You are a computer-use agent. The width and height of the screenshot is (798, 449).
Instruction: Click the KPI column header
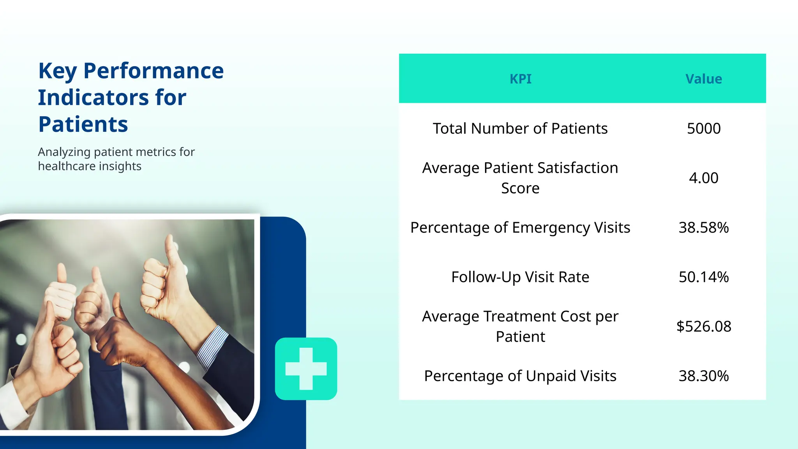pyautogui.click(x=520, y=79)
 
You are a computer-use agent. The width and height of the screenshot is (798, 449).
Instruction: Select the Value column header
pyautogui.click(x=703, y=79)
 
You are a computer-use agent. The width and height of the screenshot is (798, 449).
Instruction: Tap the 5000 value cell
pyautogui.click(x=703, y=129)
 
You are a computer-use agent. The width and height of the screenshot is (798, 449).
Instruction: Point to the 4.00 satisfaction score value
pyautogui.click(x=703, y=178)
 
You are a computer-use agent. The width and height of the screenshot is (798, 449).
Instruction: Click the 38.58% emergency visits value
pyautogui.click(x=703, y=228)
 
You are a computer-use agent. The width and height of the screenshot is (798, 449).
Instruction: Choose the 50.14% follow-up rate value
pyautogui.click(x=703, y=277)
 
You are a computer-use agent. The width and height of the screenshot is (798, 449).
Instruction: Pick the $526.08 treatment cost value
pyautogui.click(x=703, y=327)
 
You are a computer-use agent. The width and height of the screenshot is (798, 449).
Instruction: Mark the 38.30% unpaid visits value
pyautogui.click(x=703, y=376)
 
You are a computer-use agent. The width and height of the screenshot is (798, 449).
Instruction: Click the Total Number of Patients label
pyautogui.click(x=520, y=129)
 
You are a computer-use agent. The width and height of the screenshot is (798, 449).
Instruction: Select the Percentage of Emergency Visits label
pyautogui.click(x=520, y=228)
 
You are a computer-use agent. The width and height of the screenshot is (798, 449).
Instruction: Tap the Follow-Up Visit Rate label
pyautogui.click(x=520, y=277)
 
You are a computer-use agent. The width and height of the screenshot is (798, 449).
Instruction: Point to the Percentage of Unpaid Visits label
pyautogui.click(x=520, y=376)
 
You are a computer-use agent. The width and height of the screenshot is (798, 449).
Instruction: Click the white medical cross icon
pyautogui.click(x=306, y=369)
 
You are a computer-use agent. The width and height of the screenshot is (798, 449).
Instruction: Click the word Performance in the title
pyautogui.click(x=154, y=71)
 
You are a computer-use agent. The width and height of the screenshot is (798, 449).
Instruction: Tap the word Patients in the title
pyautogui.click(x=83, y=124)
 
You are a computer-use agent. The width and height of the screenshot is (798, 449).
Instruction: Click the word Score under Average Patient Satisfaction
pyautogui.click(x=520, y=189)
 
